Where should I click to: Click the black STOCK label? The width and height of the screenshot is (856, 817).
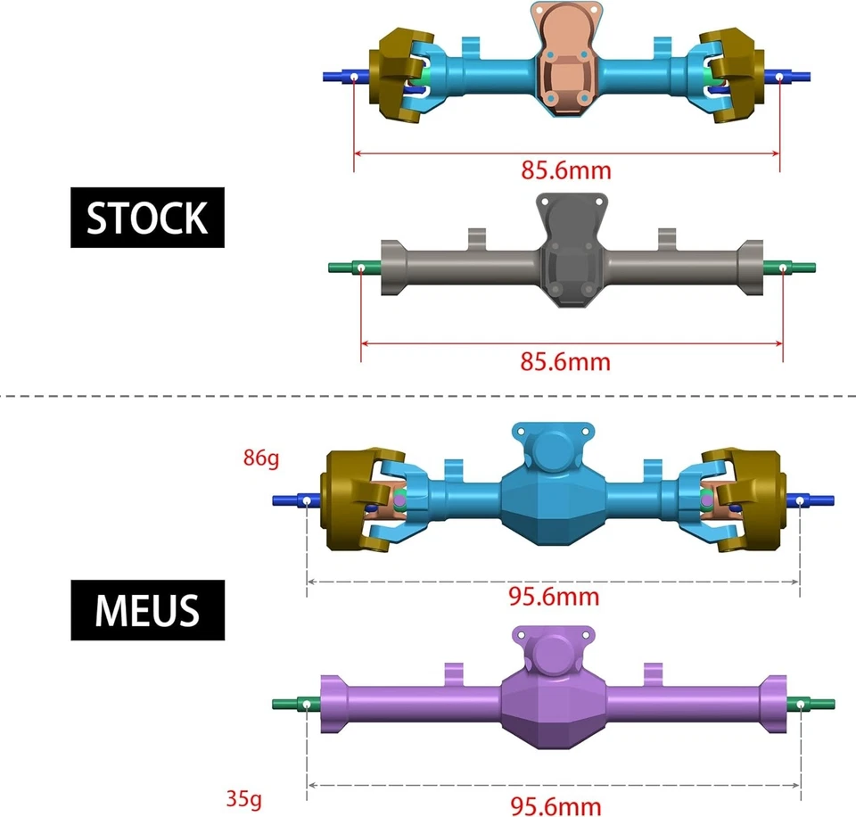point(147,218)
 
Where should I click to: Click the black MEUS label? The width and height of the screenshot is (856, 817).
point(147,610)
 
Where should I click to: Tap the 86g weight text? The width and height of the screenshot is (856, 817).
point(260,459)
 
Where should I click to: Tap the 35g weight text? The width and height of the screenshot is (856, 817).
point(243,798)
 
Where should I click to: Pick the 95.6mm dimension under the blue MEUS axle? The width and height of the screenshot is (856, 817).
point(553,597)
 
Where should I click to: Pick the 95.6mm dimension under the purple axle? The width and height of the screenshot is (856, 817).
point(553,806)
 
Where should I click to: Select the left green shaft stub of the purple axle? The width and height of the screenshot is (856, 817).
point(290,704)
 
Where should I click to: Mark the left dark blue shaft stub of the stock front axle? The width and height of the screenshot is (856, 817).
point(339,77)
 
